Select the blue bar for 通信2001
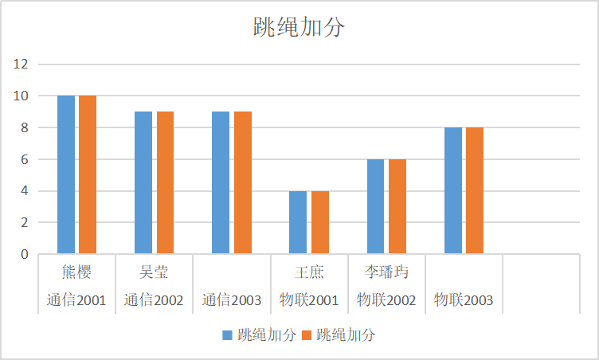[66, 174]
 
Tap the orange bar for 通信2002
[165, 182]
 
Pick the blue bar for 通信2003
[221, 182]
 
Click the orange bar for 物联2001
[320, 222]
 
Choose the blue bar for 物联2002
[375, 206]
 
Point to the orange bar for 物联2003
[475, 190]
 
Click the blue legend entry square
[227, 335]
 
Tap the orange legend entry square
[306, 335]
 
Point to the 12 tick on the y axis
[21, 64]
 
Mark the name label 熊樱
[76, 272]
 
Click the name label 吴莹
[154, 272]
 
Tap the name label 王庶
[309, 272]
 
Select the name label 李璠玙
[386, 272]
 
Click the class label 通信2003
[231, 300]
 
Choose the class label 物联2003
[464, 300]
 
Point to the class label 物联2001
[309, 300]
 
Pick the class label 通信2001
[76, 300]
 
